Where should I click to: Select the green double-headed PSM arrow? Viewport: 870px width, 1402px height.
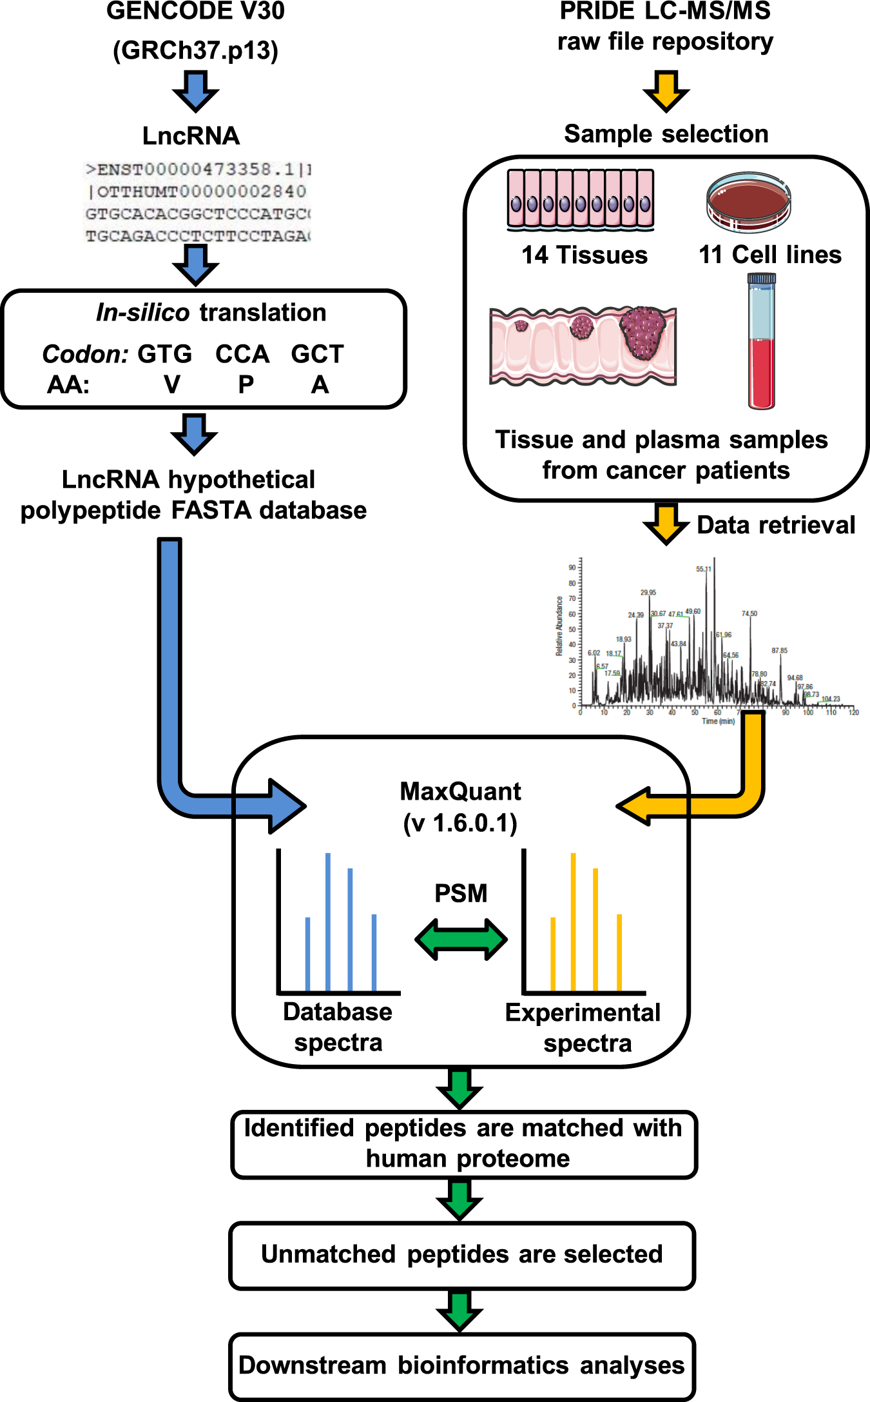point(461,939)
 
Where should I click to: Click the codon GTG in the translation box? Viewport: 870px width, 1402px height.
point(165,354)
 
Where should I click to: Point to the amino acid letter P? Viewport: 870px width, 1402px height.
point(246,385)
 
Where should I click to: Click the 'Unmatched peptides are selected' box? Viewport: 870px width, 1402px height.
point(461,1255)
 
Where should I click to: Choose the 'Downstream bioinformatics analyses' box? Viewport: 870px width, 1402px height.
point(461,1366)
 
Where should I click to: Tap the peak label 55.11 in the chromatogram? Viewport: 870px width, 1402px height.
point(703,569)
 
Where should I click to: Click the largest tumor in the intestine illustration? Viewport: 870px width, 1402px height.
point(643,331)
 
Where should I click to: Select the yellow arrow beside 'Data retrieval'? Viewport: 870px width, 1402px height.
point(666,524)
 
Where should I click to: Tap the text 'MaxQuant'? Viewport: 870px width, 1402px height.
point(460,791)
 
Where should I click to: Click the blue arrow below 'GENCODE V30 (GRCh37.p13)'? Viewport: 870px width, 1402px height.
point(195,91)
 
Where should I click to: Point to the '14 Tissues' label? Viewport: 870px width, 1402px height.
point(584,255)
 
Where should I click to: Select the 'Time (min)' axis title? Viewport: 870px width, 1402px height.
point(718,721)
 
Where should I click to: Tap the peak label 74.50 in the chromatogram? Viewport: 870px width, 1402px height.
point(749,613)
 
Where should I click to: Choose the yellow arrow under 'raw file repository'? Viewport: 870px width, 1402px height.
point(666,91)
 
